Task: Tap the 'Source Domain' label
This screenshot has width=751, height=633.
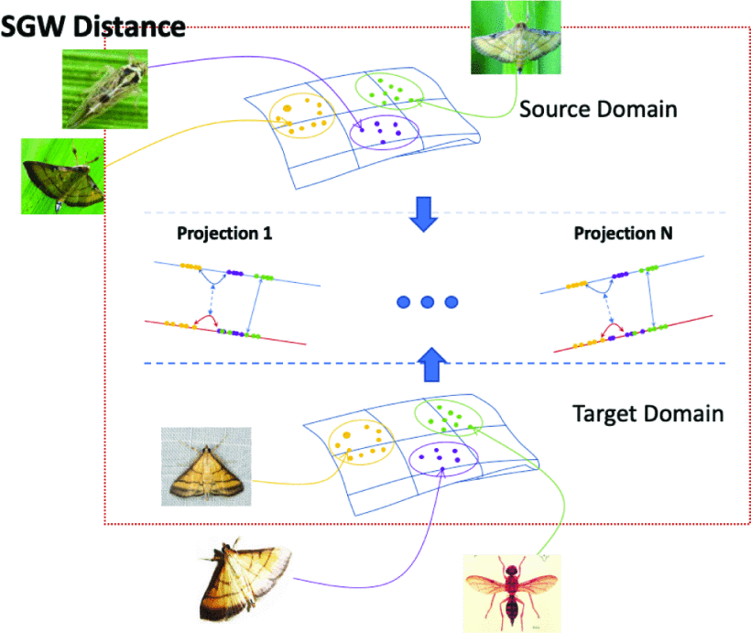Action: coord(598,109)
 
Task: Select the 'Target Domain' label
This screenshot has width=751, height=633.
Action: coord(648,413)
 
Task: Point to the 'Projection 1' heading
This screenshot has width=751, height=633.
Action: coord(224,234)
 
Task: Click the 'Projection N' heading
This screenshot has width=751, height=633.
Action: coord(623,234)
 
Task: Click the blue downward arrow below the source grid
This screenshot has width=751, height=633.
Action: coord(421,213)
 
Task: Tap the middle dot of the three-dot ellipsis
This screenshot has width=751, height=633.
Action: coord(426,301)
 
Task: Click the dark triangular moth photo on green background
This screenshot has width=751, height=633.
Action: coord(59,175)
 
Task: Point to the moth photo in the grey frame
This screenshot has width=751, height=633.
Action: coord(205,466)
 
